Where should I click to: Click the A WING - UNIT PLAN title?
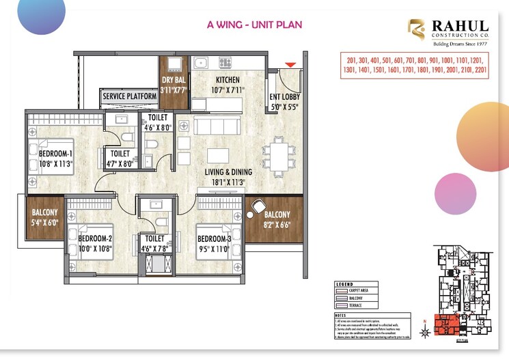click(x=254, y=25)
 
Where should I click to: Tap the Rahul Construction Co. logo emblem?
click(x=416, y=30)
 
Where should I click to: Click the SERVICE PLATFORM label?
click(x=130, y=97)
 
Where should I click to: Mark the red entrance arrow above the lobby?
click(x=290, y=65)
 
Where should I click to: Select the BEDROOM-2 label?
click(x=94, y=238)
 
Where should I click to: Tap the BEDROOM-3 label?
click(x=215, y=238)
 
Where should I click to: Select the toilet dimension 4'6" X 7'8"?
click(x=156, y=248)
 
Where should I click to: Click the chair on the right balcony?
click(x=258, y=206)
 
